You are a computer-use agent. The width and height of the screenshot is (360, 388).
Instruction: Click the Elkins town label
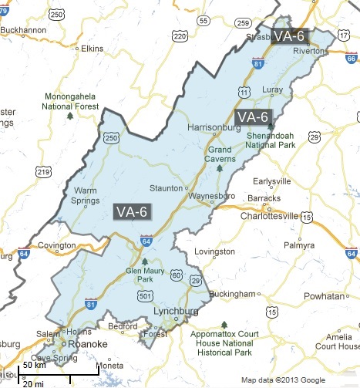click(x=92, y=49)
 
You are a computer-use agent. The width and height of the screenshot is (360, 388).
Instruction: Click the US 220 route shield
click(x=180, y=36)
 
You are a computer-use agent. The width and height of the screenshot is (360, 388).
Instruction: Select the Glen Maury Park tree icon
click(x=144, y=261)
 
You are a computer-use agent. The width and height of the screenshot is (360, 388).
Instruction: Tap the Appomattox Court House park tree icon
click(x=224, y=324)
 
